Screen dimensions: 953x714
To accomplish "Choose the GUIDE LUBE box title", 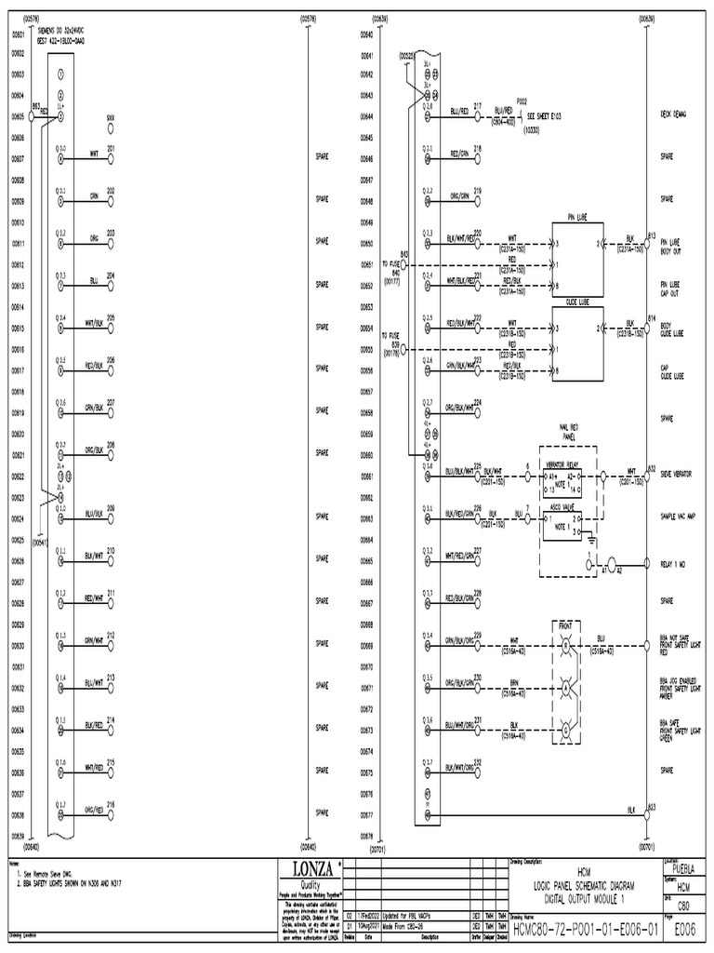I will click(578, 302).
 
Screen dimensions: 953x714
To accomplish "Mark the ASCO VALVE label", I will click(563, 507).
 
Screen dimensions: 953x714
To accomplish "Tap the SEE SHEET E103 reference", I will click(549, 117).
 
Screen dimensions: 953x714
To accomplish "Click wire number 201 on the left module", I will click(111, 149).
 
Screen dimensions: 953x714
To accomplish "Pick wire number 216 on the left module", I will click(111, 804).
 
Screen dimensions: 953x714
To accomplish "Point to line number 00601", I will click(17, 34).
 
